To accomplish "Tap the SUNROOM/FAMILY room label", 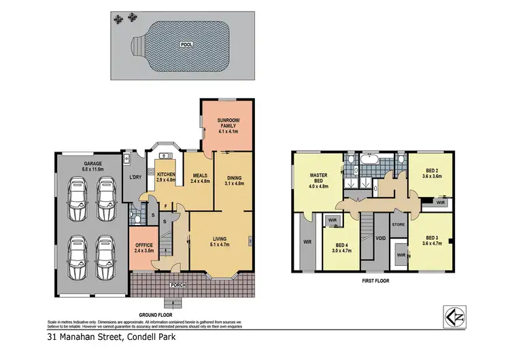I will [228, 123].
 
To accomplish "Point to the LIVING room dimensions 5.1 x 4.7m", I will [218, 245].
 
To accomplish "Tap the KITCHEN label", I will [167, 175].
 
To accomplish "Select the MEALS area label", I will [199, 175].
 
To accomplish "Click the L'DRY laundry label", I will [135, 178].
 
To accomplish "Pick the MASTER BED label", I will [319, 178].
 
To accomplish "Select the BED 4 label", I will [340, 245].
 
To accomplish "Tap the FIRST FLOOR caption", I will [374, 279].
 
